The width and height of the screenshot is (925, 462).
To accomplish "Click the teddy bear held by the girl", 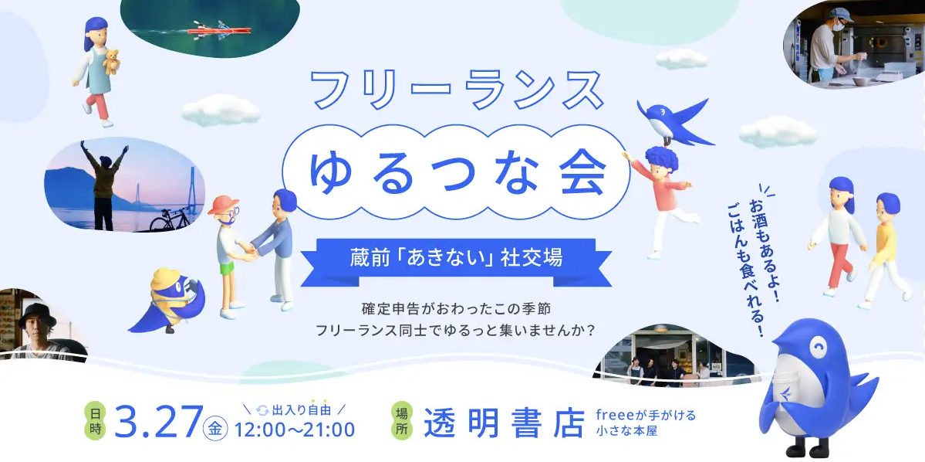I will (x=112, y=61).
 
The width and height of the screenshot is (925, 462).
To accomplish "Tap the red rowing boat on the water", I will (x=219, y=31).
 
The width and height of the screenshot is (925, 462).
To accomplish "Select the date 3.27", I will (x=157, y=422).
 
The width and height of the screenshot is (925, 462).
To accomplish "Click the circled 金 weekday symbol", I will (x=214, y=430).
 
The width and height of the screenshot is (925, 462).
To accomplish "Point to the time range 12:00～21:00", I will (x=295, y=429).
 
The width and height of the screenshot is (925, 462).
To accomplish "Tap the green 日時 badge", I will (x=96, y=421).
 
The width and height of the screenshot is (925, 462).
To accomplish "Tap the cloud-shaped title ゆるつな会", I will (x=455, y=173).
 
